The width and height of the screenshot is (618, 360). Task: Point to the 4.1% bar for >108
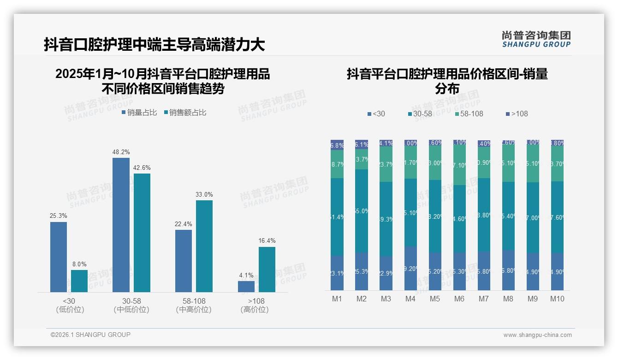point(246,286)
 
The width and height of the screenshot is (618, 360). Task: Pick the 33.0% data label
point(204,194)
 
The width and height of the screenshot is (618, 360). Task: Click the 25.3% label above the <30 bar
point(59,216)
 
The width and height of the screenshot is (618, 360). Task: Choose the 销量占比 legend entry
point(139,112)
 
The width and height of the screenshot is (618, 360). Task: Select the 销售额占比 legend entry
point(185,112)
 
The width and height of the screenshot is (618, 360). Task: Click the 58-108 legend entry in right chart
point(469,114)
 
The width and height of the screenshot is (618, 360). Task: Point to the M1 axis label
point(337,299)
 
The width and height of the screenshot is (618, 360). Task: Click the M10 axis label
point(557,299)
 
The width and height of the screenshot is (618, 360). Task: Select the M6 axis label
point(459,299)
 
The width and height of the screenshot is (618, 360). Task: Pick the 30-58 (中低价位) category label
point(131,305)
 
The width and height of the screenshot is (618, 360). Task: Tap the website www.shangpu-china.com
point(537,335)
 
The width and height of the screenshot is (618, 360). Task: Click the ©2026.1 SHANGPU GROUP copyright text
point(90,335)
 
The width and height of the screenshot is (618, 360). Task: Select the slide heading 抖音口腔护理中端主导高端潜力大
point(154,44)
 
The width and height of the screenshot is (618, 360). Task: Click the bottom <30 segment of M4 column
point(410,268)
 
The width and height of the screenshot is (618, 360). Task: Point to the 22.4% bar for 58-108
point(184,261)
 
